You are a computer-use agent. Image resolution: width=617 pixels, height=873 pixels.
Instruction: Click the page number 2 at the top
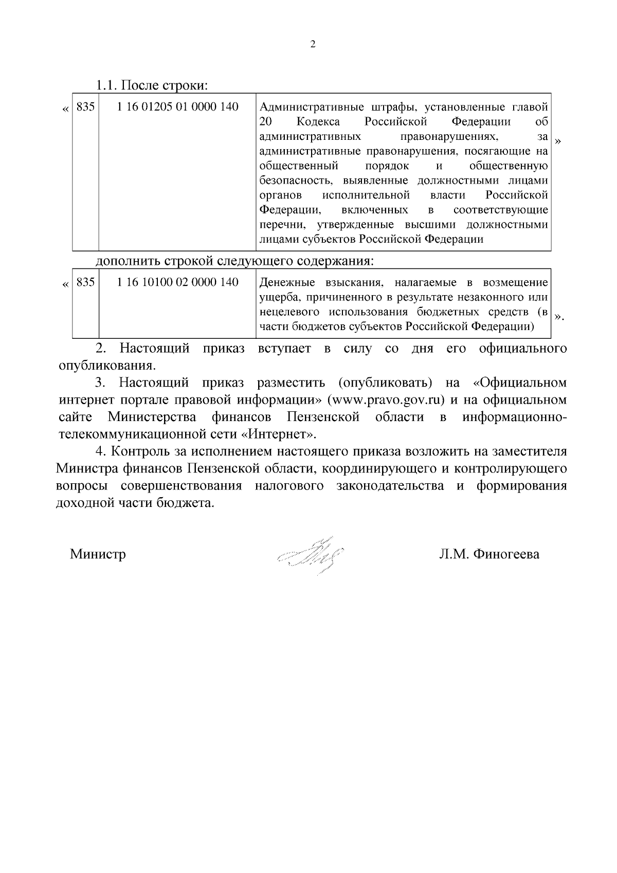[313, 44]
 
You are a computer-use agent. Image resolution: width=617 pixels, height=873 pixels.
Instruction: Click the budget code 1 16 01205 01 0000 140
[178, 107]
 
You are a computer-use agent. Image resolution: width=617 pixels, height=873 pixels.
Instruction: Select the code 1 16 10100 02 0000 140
[178, 282]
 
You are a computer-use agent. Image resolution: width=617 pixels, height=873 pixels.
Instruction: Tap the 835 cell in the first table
[85, 107]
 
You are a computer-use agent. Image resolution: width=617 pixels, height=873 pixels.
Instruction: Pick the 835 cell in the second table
[85, 282]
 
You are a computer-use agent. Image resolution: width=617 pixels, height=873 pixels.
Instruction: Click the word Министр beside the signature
[98, 554]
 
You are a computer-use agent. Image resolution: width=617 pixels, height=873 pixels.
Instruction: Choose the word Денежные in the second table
[285, 283]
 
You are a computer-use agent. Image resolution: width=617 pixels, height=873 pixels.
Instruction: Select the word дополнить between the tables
[129, 261]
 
